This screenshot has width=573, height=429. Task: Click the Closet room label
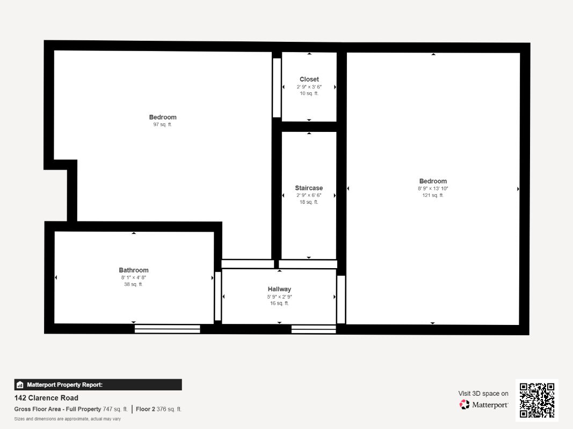[309, 79]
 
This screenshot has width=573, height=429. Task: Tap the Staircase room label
[309, 188]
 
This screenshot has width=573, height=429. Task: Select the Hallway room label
[279, 289]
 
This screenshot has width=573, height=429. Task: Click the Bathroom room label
[134, 270]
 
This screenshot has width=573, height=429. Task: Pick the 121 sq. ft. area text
[433, 195]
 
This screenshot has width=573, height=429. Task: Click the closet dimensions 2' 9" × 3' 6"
[309, 86]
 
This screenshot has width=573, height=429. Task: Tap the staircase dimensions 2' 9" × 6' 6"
[309, 195]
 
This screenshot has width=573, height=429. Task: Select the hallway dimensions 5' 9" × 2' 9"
[279, 297]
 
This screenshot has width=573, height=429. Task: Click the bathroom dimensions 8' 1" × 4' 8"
[134, 277]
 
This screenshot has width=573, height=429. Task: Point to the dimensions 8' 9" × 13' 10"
[433, 188]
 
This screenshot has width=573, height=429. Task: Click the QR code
[537, 400]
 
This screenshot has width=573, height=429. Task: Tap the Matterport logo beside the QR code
[484, 405]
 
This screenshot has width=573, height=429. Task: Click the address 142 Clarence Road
[46, 398]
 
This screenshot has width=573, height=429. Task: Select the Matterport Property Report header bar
[98, 384]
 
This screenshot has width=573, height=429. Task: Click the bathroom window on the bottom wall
[167, 328]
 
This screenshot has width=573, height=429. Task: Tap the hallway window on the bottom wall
[314, 328]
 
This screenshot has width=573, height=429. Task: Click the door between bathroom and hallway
[218, 297]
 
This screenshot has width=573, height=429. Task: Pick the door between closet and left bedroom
[277, 87]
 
